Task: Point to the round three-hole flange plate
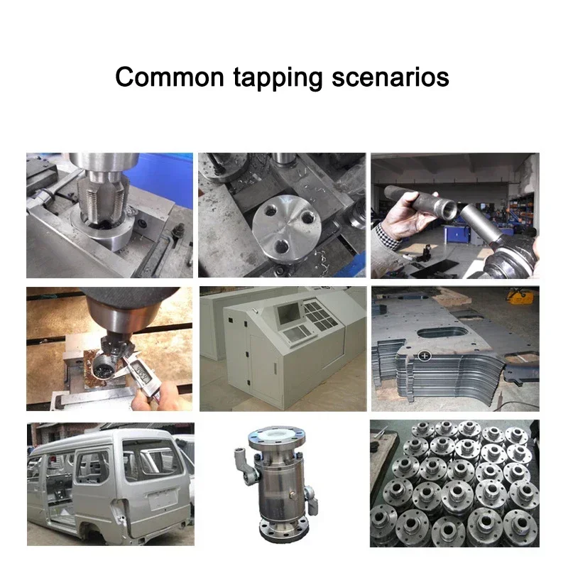point(284,227)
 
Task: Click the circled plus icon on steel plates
point(424,354)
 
